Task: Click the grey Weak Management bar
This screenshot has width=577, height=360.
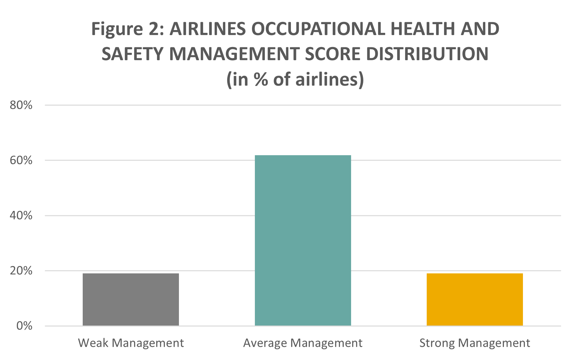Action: coord(131,299)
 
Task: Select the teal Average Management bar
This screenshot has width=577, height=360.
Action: coord(303,240)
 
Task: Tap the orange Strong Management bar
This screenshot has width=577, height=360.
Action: coord(475,299)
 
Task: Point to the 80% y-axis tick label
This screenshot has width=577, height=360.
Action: coord(21,105)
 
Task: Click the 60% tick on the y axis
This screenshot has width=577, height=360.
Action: coord(21,160)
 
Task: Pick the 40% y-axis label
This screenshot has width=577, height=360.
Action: coord(21,215)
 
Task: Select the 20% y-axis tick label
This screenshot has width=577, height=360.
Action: coord(21,271)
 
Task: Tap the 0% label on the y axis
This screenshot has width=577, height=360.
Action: coord(24,326)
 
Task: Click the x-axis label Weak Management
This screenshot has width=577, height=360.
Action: coord(131,343)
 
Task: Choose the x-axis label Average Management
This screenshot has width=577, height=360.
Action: coord(303,343)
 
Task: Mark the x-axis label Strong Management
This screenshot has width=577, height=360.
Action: coord(475,343)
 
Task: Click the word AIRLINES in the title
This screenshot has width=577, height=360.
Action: coord(208,29)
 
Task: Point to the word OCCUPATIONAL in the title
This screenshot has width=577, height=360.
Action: coord(318,29)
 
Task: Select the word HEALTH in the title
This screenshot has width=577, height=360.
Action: coord(422,29)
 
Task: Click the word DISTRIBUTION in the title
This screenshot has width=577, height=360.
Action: coord(427,54)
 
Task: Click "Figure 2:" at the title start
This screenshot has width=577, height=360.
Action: coord(128,29)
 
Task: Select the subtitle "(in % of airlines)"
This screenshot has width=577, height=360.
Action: coord(295,79)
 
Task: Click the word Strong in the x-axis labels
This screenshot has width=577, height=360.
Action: coord(437,343)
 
